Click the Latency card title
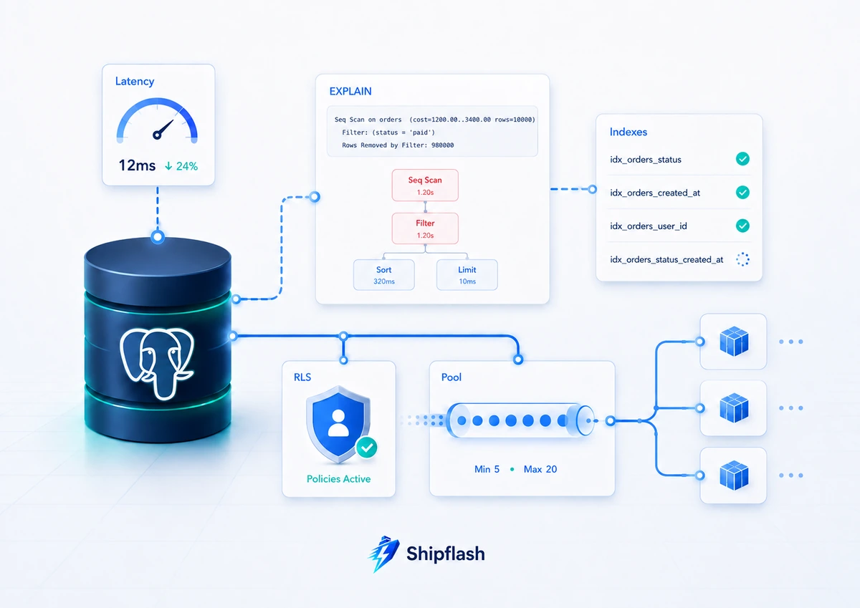click(135, 82)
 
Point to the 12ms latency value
click(137, 165)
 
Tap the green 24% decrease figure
click(181, 166)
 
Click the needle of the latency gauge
click(163, 130)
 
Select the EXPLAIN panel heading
click(350, 91)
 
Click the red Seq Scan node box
click(425, 185)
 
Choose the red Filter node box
click(425, 228)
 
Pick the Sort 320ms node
click(384, 275)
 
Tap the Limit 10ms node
click(467, 275)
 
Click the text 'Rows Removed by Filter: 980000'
click(398, 145)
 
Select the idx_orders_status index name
click(646, 160)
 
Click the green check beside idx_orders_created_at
click(742, 192)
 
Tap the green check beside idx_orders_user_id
click(742, 226)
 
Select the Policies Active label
click(338, 478)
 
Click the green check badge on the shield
click(367, 448)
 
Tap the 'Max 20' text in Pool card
click(540, 469)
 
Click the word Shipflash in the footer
click(446, 554)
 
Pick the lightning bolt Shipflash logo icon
click(384, 554)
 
